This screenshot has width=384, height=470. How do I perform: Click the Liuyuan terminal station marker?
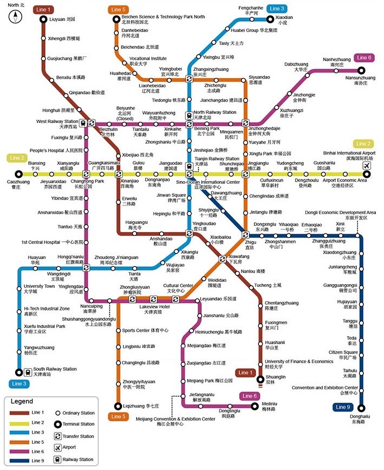43,20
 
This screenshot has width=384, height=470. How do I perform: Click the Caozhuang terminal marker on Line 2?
18,174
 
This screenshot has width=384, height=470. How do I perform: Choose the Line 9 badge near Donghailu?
343,407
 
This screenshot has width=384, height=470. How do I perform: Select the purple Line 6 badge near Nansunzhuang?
363,57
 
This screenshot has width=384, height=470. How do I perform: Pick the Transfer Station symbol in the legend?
57,436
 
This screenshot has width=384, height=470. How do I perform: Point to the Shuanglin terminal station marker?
260,379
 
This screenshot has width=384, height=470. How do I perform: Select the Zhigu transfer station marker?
246,235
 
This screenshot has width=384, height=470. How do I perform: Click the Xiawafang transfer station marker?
222,259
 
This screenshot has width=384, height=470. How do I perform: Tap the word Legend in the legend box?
24,402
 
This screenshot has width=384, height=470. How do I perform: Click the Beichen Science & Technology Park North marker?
116,20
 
